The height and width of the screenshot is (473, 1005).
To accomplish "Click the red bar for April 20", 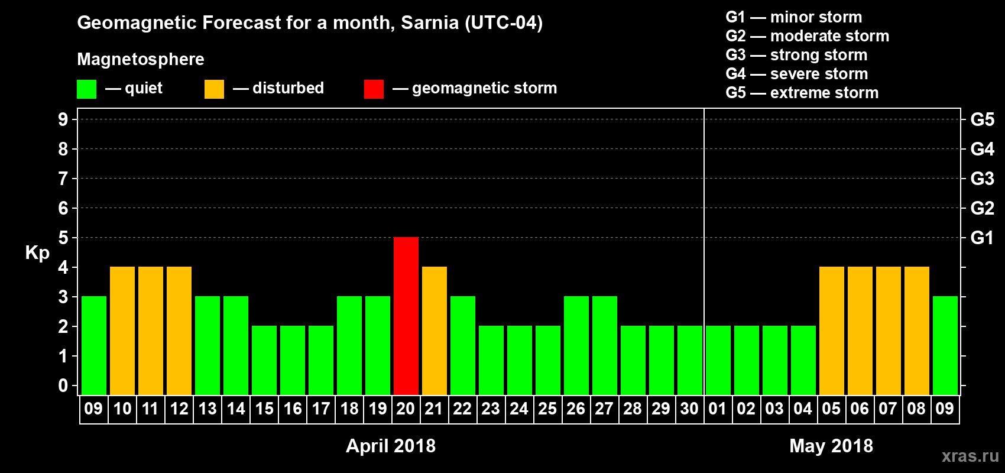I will (406, 316).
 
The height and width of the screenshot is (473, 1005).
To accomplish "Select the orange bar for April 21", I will (435, 331).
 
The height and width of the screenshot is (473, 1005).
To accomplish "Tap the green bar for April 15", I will (264, 360).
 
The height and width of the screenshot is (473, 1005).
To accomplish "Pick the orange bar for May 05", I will (832, 331).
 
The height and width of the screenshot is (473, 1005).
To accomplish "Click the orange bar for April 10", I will (122, 331).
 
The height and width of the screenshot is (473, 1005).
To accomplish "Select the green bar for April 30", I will (690, 360).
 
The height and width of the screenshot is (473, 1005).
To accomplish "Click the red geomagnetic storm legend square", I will (374, 89).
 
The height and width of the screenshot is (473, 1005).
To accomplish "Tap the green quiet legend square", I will (87, 89).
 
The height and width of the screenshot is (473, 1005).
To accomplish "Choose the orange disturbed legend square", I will (214, 89).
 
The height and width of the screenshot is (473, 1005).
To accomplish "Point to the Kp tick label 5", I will (63, 238).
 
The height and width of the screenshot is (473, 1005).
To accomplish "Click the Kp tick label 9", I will (63, 119).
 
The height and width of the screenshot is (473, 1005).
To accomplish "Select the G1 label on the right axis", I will (982, 238).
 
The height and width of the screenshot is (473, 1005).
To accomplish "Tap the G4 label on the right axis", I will (982, 149).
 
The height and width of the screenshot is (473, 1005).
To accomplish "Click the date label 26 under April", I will (576, 409).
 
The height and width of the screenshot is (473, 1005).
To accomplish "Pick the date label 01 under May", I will (718, 409).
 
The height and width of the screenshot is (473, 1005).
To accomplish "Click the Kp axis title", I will (37, 253).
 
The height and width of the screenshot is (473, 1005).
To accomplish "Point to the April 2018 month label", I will (391, 446).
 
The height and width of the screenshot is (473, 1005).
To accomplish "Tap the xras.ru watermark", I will (970, 456).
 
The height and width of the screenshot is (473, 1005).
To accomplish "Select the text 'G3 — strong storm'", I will (796, 55).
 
